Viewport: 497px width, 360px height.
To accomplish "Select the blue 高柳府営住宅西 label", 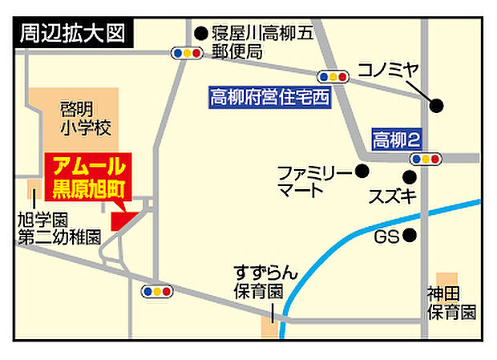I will pos(269,98).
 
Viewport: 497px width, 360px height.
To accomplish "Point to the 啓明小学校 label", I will pos(85,117).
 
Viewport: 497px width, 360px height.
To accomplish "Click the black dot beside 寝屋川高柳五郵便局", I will pos(200,34).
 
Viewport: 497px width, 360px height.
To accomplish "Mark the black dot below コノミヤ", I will pos(436,105).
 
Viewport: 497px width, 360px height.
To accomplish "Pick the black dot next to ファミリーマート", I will pos(362,171).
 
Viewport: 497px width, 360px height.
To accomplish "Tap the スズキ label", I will pos(392,196).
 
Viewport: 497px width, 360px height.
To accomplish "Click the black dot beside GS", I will pos(410,236).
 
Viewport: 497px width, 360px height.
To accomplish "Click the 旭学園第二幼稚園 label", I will pos(60,229).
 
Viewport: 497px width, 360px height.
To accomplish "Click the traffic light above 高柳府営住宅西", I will pos(333,77).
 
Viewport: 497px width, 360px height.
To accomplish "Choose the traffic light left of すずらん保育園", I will pos(156,291).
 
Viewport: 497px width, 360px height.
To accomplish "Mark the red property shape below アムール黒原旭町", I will pos(123,219).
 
